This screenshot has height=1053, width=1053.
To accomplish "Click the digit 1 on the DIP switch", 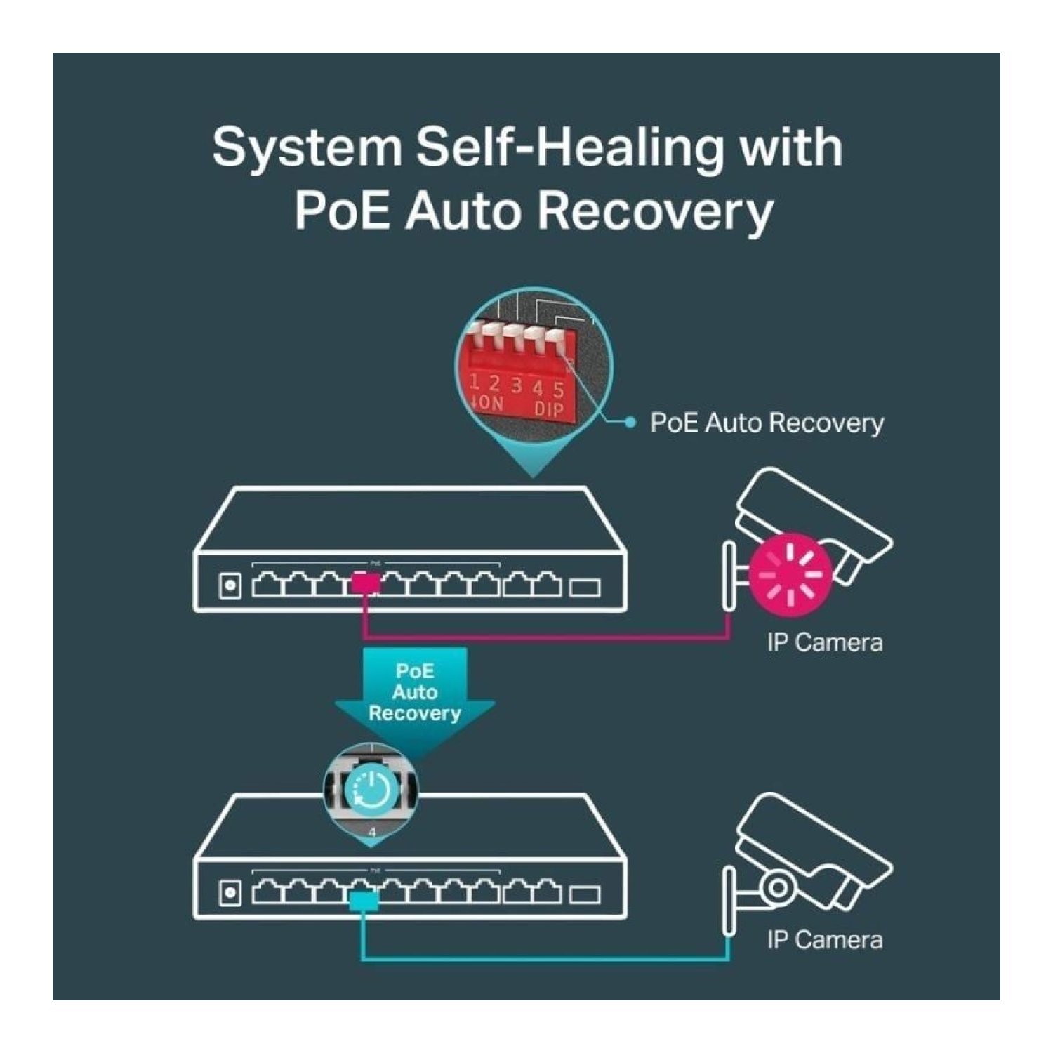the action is pos(475,382).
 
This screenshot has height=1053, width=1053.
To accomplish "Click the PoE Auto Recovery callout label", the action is pos(767,423).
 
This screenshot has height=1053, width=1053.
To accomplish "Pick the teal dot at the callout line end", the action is pos(630,422).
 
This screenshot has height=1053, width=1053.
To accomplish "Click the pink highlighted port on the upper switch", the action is pos(365,584).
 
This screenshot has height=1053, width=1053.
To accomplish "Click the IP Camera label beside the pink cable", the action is pos(825,642).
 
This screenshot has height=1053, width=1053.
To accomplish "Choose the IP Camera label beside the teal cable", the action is pos(825,940).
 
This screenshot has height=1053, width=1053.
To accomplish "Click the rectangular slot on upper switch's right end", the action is pos(585,586).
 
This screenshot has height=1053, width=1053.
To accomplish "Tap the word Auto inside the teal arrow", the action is pos(415,692).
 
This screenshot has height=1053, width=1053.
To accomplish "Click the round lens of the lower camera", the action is pos(777,887).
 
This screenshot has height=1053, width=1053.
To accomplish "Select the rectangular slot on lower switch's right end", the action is pos(585,894).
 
